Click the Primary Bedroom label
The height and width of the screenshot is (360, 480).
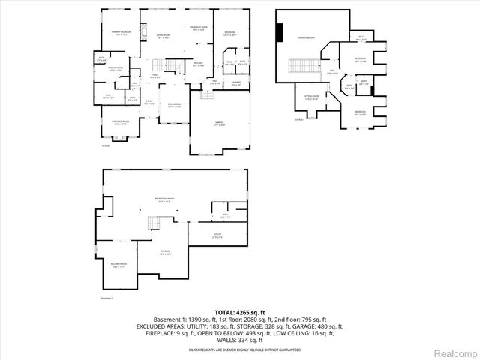[121, 34]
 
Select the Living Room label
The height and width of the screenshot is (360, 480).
[162, 36]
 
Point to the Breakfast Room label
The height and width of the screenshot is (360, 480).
[198, 30]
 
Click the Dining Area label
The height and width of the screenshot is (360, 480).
[174, 106]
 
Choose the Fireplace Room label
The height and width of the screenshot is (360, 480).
[121, 124]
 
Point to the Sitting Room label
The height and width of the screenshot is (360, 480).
[312, 97]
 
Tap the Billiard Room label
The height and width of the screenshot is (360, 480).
[119, 265]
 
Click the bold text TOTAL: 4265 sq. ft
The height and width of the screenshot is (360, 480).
[239, 311]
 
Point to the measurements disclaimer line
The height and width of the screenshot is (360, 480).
[239, 349]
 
